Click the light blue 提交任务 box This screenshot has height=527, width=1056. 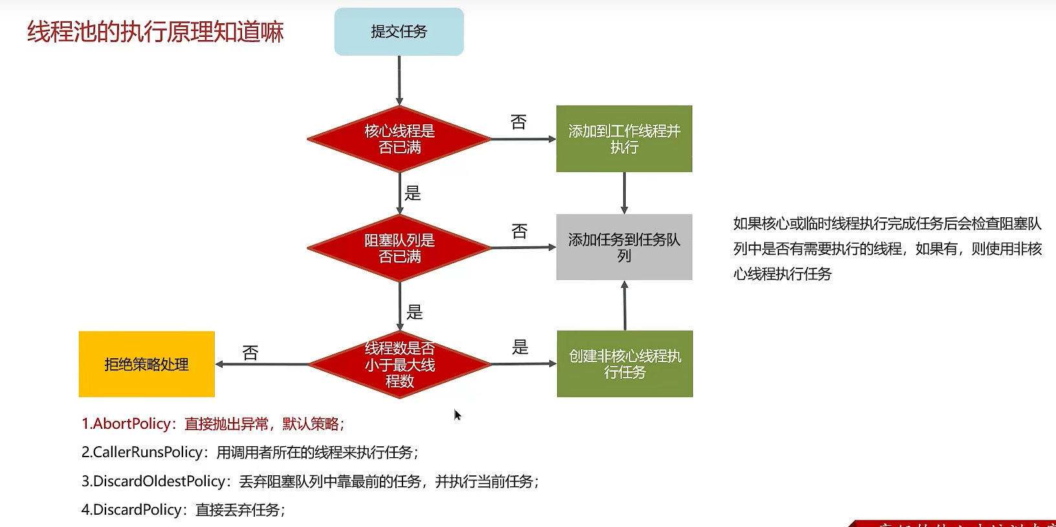(x=399, y=32)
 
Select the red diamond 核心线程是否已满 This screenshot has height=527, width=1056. (x=399, y=139)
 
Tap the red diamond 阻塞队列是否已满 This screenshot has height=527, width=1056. (x=399, y=248)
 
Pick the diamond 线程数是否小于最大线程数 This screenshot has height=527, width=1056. (x=399, y=365)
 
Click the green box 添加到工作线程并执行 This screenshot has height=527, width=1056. (x=624, y=139)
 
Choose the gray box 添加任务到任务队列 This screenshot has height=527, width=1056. (x=624, y=247)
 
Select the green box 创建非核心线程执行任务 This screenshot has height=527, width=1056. (x=624, y=364)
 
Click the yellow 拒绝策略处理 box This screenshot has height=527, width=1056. (x=147, y=364)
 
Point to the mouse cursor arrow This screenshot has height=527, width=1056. (x=457, y=414)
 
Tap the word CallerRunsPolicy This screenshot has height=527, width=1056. (x=148, y=453)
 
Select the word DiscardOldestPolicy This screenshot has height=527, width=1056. (x=159, y=482)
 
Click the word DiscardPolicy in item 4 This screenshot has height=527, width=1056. (x=137, y=510)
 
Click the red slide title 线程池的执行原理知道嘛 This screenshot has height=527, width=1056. (x=155, y=32)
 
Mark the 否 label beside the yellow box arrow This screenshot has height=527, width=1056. (x=250, y=353)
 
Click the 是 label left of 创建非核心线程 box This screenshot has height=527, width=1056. (x=520, y=347)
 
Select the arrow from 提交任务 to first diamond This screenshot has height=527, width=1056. (x=399, y=80)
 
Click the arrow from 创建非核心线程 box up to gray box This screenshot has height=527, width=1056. (x=624, y=305)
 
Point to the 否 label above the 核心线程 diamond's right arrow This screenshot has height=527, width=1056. (x=518, y=122)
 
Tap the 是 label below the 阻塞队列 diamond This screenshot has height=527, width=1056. (x=414, y=312)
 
